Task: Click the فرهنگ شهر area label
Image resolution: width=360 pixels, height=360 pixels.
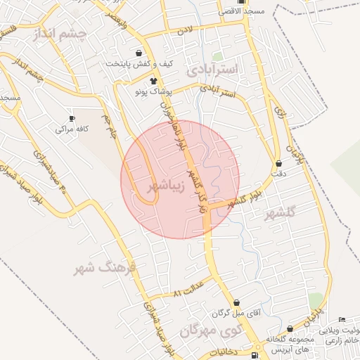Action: click(x=102, y=268)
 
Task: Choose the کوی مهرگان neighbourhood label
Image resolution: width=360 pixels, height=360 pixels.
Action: click(x=211, y=329)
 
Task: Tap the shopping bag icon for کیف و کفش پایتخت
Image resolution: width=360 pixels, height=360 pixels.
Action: click(x=139, y=53)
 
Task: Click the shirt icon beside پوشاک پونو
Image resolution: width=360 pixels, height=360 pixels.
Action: click(x=153, y=82)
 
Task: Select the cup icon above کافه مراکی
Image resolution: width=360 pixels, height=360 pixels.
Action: click(x=72, y=118)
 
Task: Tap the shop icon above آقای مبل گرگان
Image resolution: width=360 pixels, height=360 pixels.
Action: click(x=236, y=302)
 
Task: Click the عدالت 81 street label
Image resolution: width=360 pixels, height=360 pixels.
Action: click(x=188, y=289)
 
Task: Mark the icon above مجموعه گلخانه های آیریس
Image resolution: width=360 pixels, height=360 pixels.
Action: click(x=290, y=329)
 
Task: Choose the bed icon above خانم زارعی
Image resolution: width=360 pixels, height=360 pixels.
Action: click(x=342, y=320)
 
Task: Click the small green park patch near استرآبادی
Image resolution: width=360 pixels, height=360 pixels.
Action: click(x=218, y=56)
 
